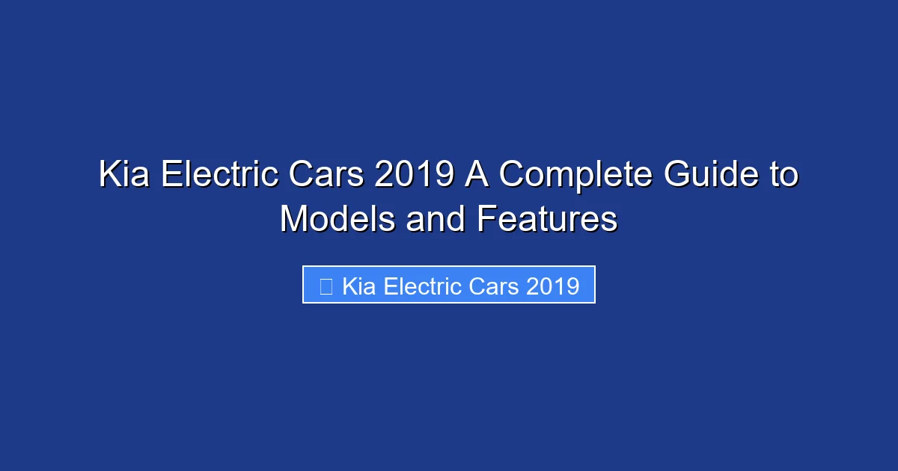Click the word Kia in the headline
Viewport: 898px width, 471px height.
click(x=124, y=176)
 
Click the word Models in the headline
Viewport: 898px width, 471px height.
click(x=337, y=220)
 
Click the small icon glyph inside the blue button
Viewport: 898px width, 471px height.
click(x=326, y=286)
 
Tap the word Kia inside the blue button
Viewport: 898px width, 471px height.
click(x=359, y=286)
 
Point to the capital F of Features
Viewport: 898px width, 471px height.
click(x=485, y=220)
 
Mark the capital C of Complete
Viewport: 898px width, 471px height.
click(x=511, y=176)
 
